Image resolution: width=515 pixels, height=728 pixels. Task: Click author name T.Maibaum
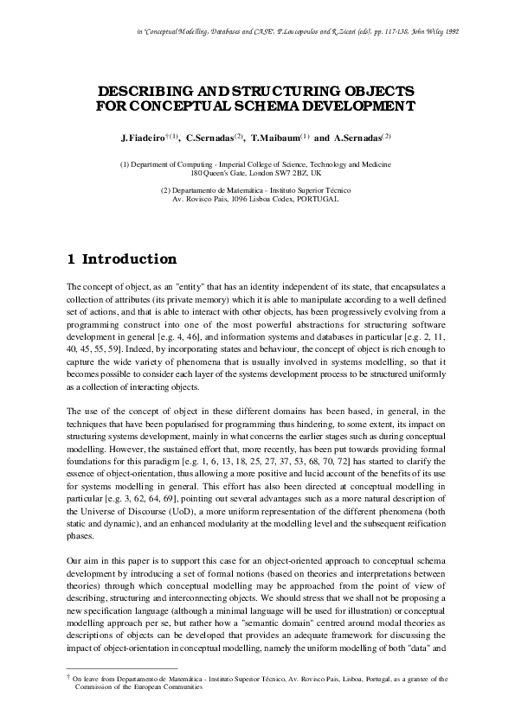[274, 137]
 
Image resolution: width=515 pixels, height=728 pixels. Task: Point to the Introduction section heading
[129, 259]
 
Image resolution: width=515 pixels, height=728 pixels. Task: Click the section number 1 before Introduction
[71, 259]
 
